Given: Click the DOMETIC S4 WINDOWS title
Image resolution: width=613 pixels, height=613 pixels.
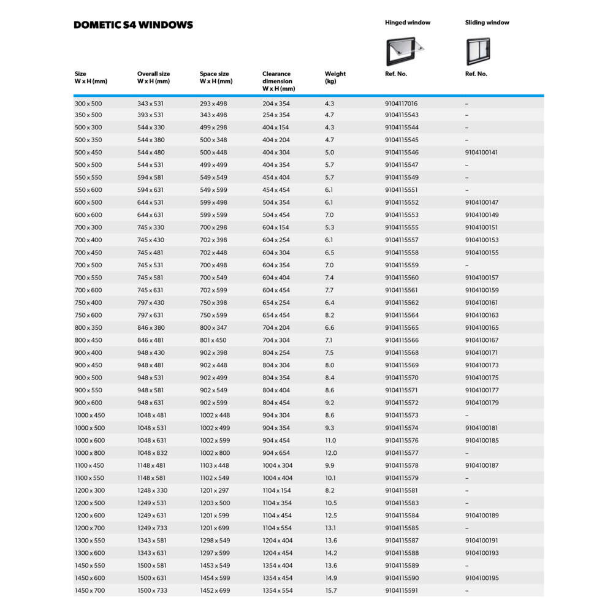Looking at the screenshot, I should pos(133,25).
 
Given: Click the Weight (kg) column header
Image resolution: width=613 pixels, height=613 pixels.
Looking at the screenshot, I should pos(335,77).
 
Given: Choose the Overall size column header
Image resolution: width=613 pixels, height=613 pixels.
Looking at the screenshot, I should pos(153,77).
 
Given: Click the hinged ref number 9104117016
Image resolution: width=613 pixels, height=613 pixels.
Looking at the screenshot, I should pos(401,104).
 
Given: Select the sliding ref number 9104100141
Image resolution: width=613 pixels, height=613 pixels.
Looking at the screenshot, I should pos(481,152).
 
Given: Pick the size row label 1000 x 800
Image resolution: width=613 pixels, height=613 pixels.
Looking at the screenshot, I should pos(89,453).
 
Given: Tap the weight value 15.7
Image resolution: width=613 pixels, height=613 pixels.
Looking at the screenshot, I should pos(330,590).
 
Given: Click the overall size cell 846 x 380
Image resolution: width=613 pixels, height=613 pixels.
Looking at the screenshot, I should pos(151,328).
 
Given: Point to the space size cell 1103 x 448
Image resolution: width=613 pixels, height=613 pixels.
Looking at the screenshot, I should pos(214,465).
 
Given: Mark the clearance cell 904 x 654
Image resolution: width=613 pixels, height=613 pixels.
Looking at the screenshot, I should pos(276,453).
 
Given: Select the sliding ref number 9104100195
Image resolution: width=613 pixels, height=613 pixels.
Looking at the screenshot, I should pos(481,578).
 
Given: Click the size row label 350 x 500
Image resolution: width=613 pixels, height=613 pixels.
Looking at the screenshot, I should pos(88,115).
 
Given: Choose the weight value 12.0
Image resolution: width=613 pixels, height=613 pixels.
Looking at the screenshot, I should pos(330,453).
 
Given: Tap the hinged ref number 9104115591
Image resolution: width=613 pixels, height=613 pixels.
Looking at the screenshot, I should pos(402,590).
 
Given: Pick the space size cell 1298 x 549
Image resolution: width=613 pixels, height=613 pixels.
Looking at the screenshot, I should pos(215,541).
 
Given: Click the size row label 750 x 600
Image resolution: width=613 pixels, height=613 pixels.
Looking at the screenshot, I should pos(88,315).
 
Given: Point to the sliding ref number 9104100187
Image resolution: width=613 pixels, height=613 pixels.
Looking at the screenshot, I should pos(481,465).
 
